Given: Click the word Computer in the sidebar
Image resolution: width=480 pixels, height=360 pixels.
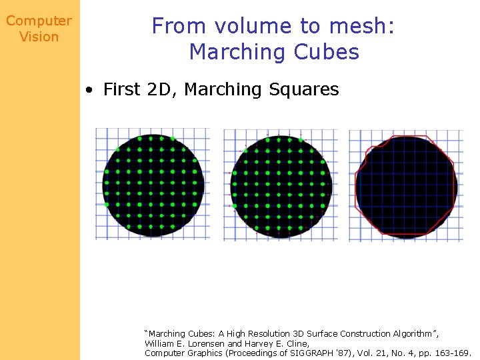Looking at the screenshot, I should pos(39,21).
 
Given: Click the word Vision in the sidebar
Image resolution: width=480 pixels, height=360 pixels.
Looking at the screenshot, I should pos(39,37).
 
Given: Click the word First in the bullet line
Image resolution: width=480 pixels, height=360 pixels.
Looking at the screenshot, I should pos(121,89).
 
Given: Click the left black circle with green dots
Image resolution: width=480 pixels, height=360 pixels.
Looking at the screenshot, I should pos(153,185).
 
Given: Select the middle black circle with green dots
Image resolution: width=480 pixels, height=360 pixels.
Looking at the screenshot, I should pos(281,185).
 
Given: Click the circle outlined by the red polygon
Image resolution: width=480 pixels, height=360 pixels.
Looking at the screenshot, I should pos(405,187).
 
